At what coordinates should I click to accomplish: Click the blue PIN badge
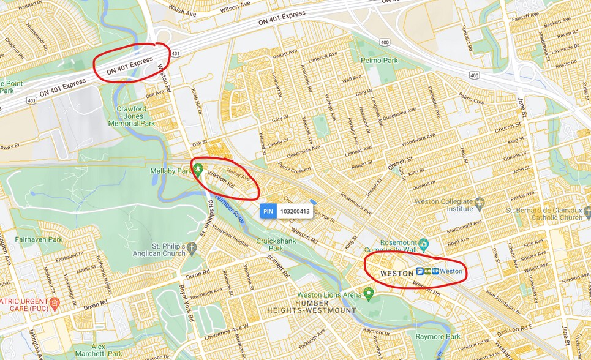(x=268, y=211)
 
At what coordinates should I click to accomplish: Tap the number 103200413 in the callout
(x=295, y=211)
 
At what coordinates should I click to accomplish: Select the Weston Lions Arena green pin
(x=369, y=295)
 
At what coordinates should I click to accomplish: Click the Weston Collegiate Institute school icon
(x=479, y=203)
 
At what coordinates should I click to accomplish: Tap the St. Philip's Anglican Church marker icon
(x=192, y=248)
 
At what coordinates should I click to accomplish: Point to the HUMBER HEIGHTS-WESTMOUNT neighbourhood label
(x=311, y=307)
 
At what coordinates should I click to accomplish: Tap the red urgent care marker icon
(x=54, y=302)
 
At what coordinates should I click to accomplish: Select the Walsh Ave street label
(x=182, y=10)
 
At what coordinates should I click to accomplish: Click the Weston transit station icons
(x=427, y=271)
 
